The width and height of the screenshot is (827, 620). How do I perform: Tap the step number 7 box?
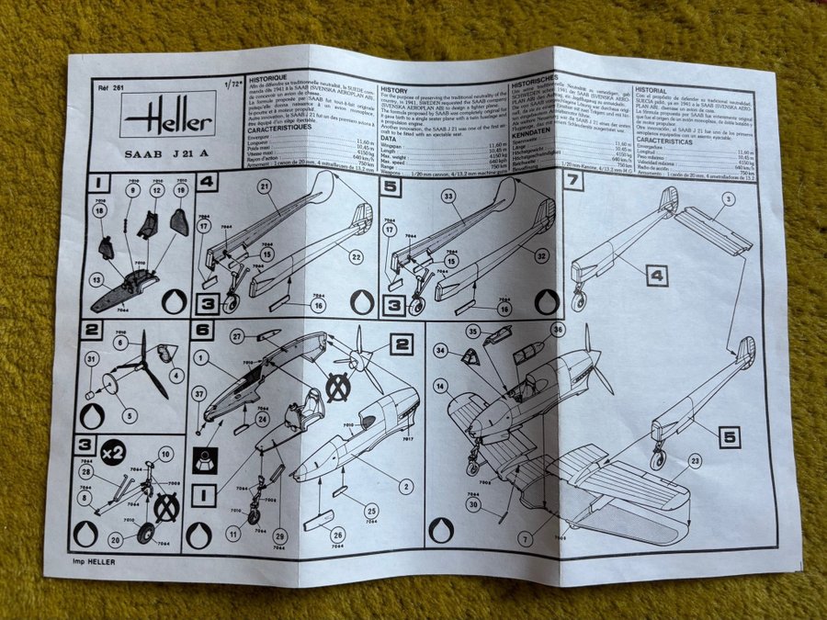pyautogui.click(x=575, y=181)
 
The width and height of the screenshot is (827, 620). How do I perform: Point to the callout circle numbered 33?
pyautogui.click(x=450, y=196)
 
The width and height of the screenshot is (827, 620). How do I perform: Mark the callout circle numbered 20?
pyautogui.click(x=116, y=539)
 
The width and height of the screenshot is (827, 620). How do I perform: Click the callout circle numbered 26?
pyautogui.click(x=336, y=535)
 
